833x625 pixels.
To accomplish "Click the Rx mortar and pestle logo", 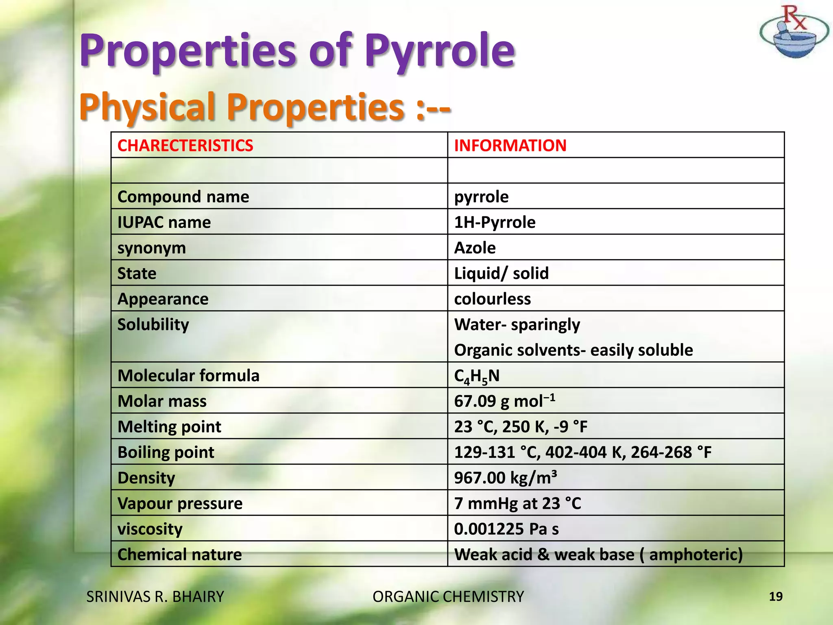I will coord(793,33).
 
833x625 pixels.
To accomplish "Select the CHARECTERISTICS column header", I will coord(185,145).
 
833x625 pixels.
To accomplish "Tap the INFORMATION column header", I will coord(510,145).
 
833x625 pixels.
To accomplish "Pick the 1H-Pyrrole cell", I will coord(495,222).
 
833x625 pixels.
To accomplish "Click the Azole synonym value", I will coord(475,248).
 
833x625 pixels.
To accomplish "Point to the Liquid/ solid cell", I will coord(501,273).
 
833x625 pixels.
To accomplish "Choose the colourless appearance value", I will coord(492,299).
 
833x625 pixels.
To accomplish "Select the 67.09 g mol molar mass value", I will coord(504,401).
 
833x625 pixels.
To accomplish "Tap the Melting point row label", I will coord(169,427).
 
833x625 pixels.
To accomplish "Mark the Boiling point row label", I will coord(166,452).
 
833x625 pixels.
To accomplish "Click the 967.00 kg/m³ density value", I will coord(505,478).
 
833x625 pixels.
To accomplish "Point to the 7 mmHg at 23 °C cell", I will coord(517,503).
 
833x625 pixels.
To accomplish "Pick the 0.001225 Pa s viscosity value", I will coord(506,529).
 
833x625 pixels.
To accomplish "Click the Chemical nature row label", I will coord(179,555).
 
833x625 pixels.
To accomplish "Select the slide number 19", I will coord(776,597).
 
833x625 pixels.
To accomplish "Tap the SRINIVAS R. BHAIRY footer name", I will coord(155,597).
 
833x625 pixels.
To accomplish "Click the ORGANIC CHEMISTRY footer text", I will coord(448,597).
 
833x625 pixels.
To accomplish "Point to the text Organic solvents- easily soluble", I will coord(574,350).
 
